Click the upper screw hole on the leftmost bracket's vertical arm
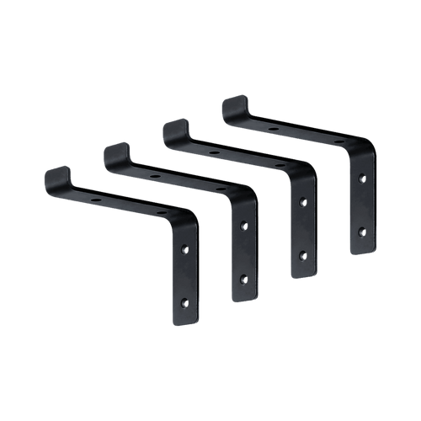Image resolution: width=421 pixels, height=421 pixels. coord(186,249)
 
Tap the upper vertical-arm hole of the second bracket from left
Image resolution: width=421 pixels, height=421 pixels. coord(244,226)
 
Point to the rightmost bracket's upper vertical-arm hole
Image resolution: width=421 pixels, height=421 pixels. coord(362,179)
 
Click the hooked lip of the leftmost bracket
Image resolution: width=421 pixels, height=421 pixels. coord(54,179)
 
